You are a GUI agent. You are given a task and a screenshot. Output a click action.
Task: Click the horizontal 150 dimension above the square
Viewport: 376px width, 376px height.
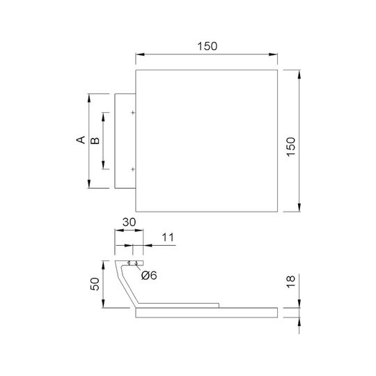click(x=207, y=46)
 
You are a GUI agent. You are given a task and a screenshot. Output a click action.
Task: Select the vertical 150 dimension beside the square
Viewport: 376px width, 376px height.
click(x=291, y=147)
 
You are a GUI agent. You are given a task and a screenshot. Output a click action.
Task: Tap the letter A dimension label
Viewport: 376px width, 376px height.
click(x=81, y=140)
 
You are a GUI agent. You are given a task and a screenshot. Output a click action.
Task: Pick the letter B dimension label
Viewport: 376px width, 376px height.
click(x=95, y=141)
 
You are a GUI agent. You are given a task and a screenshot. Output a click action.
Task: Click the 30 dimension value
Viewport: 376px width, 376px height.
click(x=130, y=222)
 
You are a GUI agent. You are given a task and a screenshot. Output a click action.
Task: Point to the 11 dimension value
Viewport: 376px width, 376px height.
click(x=168, y=237)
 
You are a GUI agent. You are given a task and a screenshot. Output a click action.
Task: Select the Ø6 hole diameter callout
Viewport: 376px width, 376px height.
click(x=149, y=275)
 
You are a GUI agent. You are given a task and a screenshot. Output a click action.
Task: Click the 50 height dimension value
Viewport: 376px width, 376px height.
click(x=95, y=284)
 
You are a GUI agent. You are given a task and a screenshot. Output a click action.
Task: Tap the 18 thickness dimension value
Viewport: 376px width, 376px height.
click(x=291, y=282)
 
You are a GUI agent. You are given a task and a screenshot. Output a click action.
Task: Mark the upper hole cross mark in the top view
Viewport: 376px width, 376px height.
click(x=133, y=113)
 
